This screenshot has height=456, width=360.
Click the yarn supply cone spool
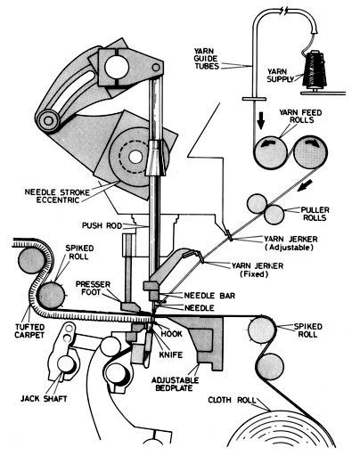[x=315, y=70]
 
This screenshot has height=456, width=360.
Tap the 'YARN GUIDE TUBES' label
[x=206, y=59]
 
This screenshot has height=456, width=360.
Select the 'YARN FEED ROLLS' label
[x=300, y=117]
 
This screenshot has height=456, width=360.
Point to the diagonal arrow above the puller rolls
[x=306, y=185]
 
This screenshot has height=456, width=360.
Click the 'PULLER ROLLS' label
[x=315, y=214]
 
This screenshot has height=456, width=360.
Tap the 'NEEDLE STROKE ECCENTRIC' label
[x=57, y=196]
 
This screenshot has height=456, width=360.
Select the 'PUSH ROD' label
[x=102, y=225]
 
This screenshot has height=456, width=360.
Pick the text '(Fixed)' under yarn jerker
[x=254, y=273]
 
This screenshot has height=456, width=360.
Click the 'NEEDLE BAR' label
[x=209, y=296]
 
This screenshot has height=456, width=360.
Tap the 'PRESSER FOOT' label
[x=93, y=288]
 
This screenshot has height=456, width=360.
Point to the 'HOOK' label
[x=171, y=333]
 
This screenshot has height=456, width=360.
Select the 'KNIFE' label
[x=170, y=354]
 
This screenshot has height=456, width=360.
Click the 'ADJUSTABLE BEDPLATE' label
[x=175, y=384]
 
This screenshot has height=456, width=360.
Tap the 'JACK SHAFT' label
[x=44, y=398]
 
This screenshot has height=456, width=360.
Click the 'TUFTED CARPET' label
[x=29, y=331]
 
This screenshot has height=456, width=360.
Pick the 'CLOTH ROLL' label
[x=232, y=400]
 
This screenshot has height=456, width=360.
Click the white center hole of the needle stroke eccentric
[x=135, y=157]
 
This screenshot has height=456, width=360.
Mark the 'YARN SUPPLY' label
[x=281, y=76]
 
